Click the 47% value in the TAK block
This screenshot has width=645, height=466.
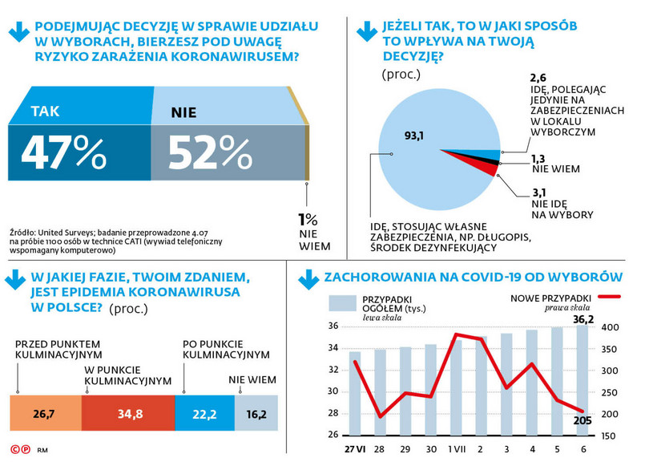coord(63,151)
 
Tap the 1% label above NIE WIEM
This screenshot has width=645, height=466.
coord(308,219)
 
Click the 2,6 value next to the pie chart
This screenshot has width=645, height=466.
coord(538,79)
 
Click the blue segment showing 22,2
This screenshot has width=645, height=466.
coord(204,415)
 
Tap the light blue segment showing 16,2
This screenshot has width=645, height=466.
coord(256,415)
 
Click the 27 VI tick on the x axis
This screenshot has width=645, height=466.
coord(354,447)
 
